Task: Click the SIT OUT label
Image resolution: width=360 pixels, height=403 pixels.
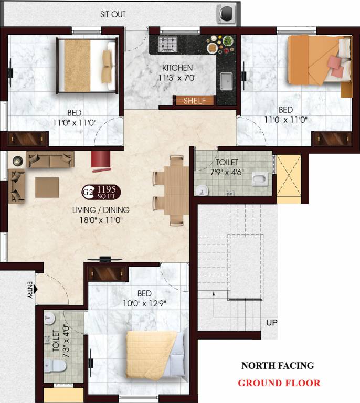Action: (x=113, y=14)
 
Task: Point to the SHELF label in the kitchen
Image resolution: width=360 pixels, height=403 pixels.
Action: (x=194, y=101)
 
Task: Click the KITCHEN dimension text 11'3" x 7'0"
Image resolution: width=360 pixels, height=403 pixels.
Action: (x=177, y=78)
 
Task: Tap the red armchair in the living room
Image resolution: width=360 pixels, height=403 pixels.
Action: (x=99, y=161)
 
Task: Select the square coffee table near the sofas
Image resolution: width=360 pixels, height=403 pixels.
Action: (x=47, y=187)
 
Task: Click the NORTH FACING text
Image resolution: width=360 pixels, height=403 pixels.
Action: (x=277, y=366)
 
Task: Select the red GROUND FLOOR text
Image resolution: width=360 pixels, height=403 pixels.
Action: (x=279, y=383)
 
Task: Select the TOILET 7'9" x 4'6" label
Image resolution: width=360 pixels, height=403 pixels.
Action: (x=227, y=167)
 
